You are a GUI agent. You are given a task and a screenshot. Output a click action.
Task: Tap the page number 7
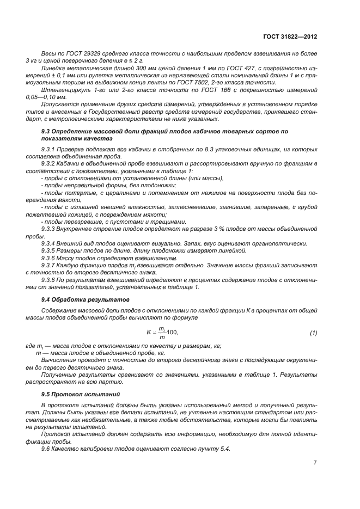pos(315,463)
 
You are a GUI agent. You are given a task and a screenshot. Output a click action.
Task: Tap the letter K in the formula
pos(148,332)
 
